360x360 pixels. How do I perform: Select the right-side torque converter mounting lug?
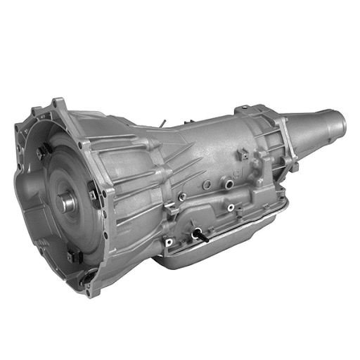click(92, 188)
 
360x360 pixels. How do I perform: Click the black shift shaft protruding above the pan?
click(202, 237)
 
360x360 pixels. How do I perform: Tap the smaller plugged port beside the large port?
click(205, 184)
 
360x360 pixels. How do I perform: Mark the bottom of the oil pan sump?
click(211, 271)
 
